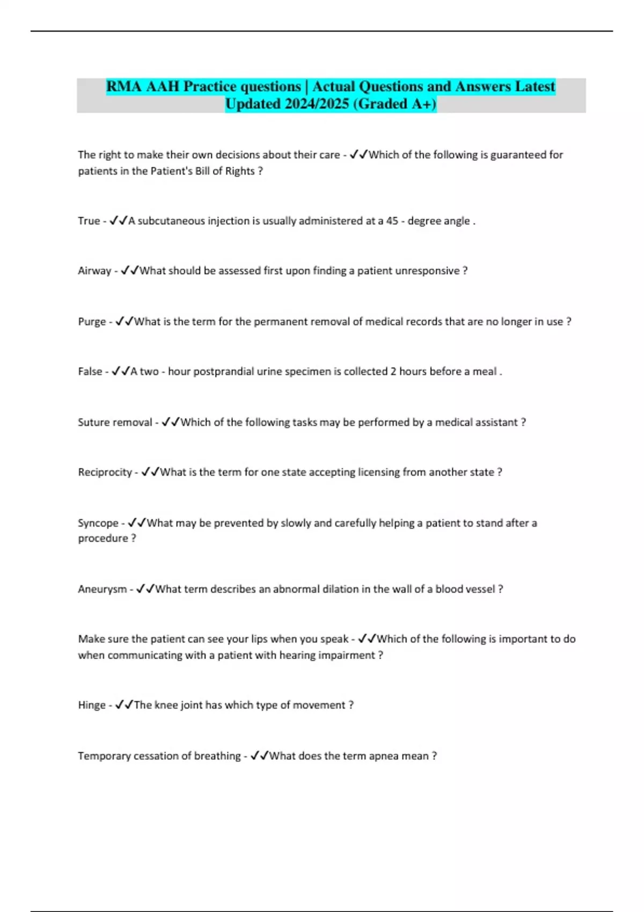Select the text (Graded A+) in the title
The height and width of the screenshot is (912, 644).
(395, 104)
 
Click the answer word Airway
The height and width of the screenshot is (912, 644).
(94, 271)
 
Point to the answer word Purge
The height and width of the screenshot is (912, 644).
(92, 322)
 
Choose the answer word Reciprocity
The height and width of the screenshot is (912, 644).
(105, 472)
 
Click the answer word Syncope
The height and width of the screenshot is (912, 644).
(98, 523)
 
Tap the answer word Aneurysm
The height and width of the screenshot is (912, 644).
(102, 589)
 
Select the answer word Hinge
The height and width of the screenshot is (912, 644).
(92, 705)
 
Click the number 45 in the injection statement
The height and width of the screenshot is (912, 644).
(392, 221)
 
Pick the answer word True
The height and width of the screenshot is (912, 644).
(89, 221)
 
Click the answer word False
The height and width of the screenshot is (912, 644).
(90, 371)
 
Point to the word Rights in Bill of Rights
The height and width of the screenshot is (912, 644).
(239, 171)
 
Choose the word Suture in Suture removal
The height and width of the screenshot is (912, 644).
(94, 422)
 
